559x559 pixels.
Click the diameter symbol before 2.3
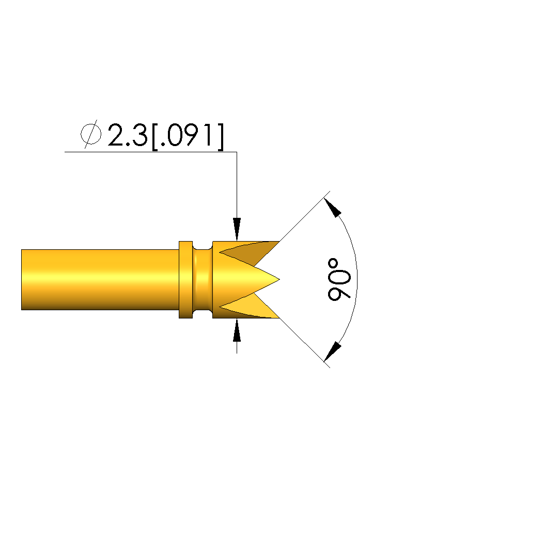pos(91,134)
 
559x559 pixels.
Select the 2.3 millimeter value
pos(128,135)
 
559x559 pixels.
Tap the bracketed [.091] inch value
pos(188,137)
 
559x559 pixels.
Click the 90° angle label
pos(339,280)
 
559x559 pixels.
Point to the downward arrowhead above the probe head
pos(237,229)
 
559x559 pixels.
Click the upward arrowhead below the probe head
pos(237,330)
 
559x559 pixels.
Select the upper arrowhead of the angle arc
pos(333,207)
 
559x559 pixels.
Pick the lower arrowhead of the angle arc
pos(333,352)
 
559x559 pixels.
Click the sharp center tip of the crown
pos(279,280)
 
